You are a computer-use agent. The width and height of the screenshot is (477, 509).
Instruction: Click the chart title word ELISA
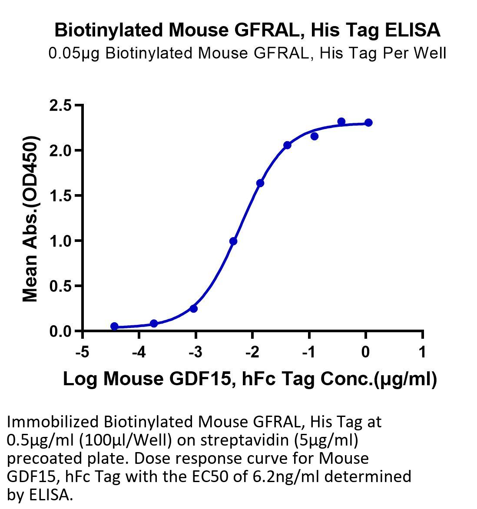point(412,30)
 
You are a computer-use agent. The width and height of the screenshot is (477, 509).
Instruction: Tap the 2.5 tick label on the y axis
point(60,106)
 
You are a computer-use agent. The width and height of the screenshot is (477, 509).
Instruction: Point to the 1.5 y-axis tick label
point(60,196)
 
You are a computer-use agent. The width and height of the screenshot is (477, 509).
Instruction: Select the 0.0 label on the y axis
point(60,331)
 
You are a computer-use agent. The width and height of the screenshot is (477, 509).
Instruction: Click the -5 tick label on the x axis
point(82,352)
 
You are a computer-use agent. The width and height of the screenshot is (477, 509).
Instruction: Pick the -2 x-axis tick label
point(252,352)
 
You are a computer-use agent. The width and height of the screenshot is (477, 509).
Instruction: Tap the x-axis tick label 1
point(422,352)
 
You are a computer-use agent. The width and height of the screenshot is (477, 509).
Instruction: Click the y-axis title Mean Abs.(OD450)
point(30,219)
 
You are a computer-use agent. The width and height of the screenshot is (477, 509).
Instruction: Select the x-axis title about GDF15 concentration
point(250,379)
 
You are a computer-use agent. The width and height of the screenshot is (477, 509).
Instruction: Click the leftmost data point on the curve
point(114,326)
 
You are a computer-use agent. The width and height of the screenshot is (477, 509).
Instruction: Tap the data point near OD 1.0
point(233,241)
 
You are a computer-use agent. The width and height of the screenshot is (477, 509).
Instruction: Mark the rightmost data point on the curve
point(368,123)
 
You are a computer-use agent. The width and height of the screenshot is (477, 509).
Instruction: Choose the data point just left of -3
point(193,308)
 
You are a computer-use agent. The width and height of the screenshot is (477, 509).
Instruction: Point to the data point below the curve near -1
point(315,136)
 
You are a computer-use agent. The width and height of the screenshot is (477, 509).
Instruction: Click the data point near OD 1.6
point(260,183)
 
